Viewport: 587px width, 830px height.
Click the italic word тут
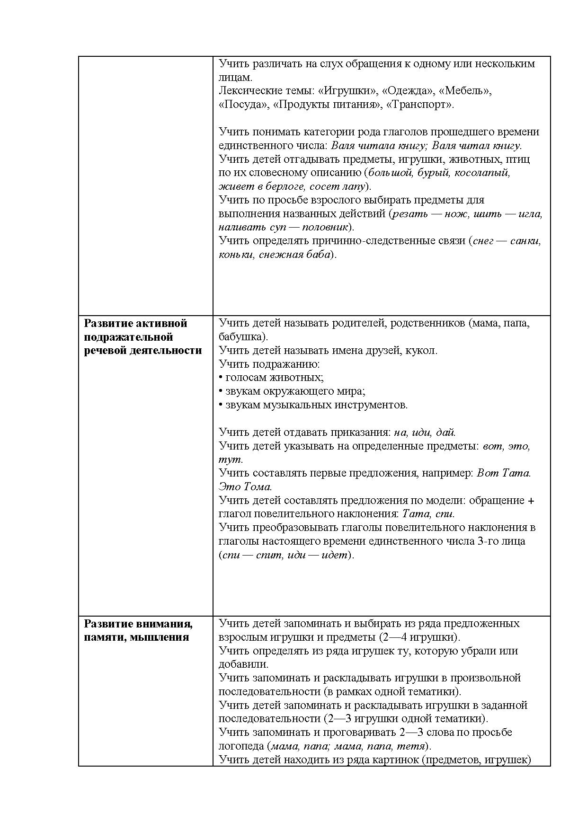(230, 459)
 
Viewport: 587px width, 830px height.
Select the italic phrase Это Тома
(245, 486)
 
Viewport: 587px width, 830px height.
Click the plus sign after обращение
(531, 501)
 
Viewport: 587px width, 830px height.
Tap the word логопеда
(241, 746)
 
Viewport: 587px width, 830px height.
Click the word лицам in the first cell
(232, 77)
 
